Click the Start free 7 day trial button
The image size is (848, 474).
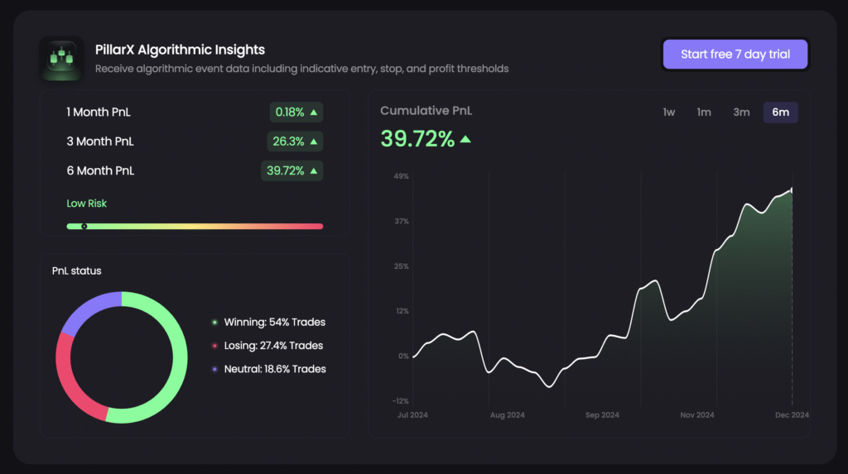[x=735, y=55]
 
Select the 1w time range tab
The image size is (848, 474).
[x=669, y=113]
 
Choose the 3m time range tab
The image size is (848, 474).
[x=741, y=113]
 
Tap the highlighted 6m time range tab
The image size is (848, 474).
[x=780, y=113]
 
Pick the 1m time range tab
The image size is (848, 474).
[x=704, y=113]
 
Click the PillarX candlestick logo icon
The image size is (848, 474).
[x=61, y=59]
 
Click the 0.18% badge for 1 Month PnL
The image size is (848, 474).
[x=296, y=112]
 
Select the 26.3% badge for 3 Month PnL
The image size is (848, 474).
[x=295, y=141]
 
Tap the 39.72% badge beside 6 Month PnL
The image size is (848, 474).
[x=291, y=170]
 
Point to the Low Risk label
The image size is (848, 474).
[x=87, y=203]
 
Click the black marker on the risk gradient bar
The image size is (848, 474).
[x=84, y=226]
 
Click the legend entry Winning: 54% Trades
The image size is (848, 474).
[x=274, y=322]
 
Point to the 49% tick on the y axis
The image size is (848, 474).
[x=401, y=176]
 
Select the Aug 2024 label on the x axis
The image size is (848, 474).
[x=507, y=415]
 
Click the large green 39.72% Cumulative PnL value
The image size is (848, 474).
[x=417, y=139]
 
